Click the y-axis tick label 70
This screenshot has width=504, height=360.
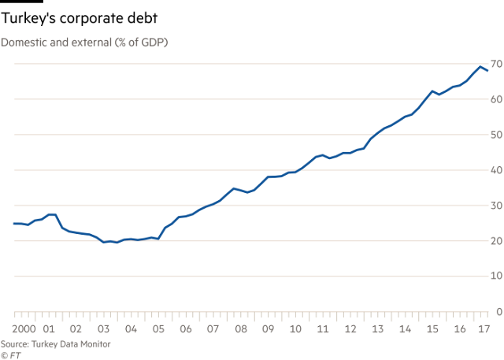click(x=496, y=63)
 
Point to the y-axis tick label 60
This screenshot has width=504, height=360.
click(x=496, y=99)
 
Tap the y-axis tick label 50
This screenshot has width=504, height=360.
click(x=496, y=135)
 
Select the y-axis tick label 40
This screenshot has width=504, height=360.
click(x=496, y=170)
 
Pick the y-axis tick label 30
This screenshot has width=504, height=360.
click(x=496, y=206)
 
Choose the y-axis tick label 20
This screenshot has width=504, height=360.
click(x=496, y=241)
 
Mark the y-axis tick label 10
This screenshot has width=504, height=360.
click(x=496, y=276)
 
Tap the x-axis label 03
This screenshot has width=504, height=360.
click(x=102, y=328)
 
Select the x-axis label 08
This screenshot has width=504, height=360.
click(x=239, y=328)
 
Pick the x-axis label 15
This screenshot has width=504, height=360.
click(x=431, y=328)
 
